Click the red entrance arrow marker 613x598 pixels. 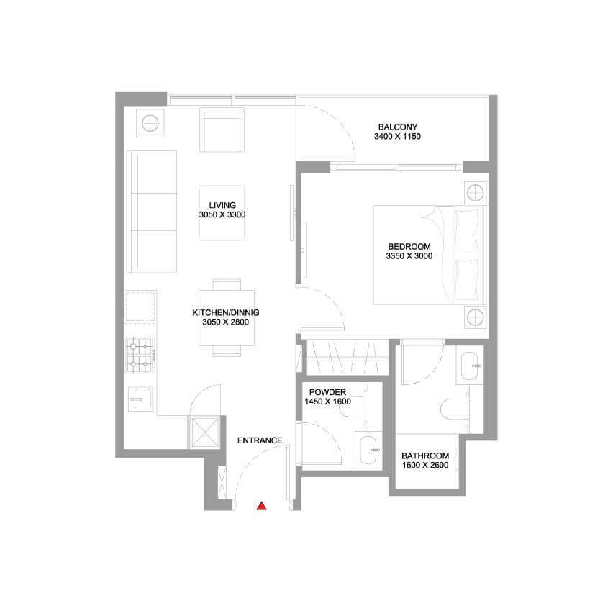(262, 506)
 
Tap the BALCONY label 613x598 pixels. (398, 127)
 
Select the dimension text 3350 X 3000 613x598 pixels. (409, 255)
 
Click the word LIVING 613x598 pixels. (222, 205)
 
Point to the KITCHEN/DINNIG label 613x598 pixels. (226, 312)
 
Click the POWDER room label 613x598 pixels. (327, 392)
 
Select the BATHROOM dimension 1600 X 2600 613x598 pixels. (425, 465)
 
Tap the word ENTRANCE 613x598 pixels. (260, 440)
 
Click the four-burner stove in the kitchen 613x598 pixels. (140, 355)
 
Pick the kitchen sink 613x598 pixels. (141, 399)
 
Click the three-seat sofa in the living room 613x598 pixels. (152, 211)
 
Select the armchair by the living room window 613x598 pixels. (222, 130)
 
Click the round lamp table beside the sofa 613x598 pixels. (150, 124)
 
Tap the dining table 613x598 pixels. (227, 317)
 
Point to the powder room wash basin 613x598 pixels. (369, 450)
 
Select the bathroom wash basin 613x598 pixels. (470, 366)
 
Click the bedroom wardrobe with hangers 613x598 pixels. (348, 358)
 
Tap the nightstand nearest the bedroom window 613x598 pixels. (476, 193)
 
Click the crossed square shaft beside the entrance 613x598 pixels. (205, 432)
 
